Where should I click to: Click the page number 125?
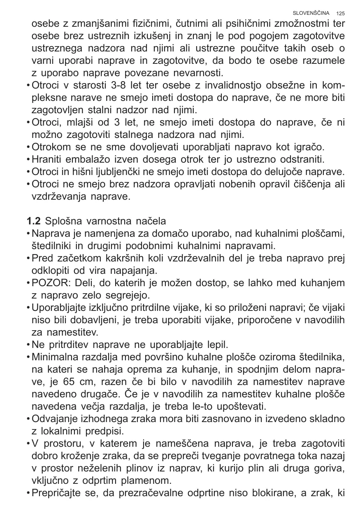[340, 14]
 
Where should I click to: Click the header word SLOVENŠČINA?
[311, 13]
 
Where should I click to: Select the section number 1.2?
[34, 221]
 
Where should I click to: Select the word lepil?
[218, 344]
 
